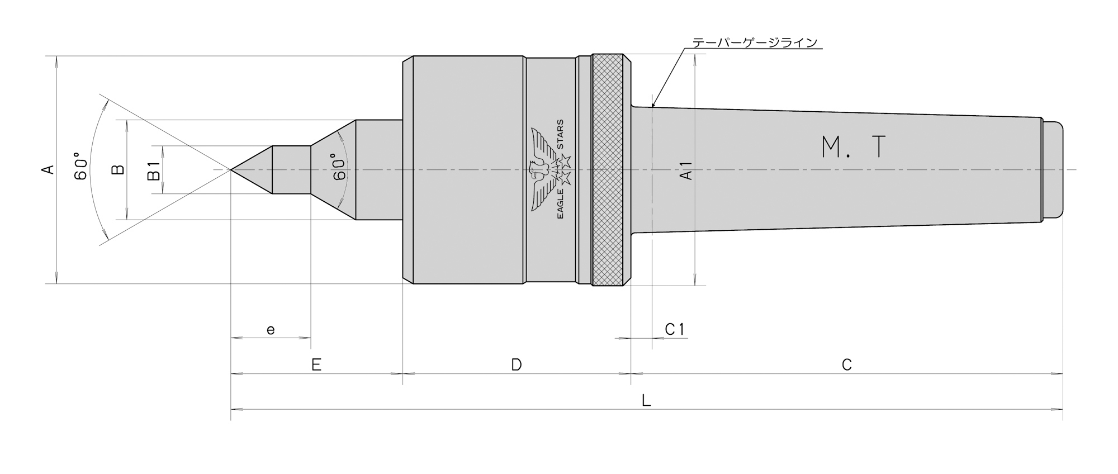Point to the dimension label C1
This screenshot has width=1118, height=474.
[x=675, y=329]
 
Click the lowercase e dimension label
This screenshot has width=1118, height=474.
[x=271, y=330]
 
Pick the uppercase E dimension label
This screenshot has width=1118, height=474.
[x=316, y=365]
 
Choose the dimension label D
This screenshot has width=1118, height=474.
[x=517, y=365]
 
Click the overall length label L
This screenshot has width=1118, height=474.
[x=646, y=400]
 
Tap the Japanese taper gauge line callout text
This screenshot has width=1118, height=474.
[x=755, y=42]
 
